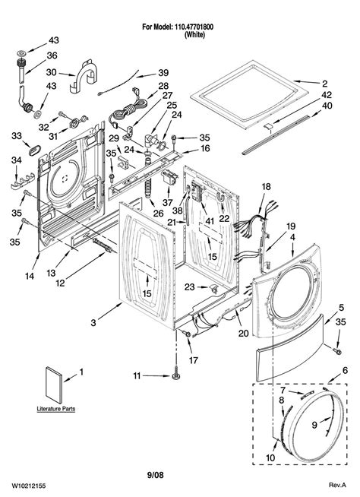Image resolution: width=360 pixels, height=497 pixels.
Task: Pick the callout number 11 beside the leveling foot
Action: pos(137,376)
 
